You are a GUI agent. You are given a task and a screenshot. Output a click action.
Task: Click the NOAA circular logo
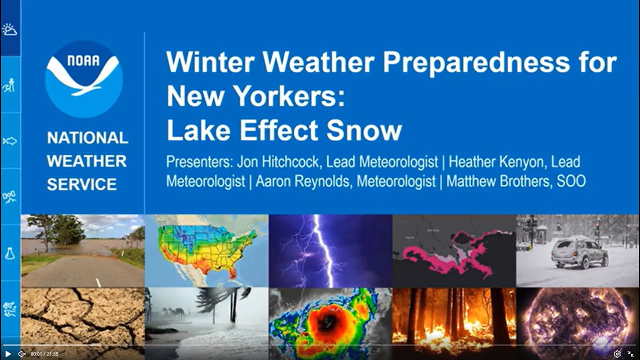[x=83, y=79]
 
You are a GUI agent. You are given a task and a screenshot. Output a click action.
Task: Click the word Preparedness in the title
[x=472, y=62]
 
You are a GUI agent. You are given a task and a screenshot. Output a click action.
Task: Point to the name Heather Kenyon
[x=514, y=162]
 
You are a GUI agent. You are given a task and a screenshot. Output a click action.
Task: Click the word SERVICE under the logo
[x=81, y=184]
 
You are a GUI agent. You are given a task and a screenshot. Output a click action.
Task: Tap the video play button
[x=8, y=354]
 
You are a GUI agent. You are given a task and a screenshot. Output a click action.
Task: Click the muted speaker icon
[x=22, y=354]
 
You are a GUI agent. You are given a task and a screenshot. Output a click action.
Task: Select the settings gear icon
[x=617, y=354]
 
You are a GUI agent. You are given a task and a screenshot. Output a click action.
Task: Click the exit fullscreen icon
[x=630, y=354]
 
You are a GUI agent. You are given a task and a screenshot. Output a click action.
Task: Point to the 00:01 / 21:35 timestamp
[x=44, y=354]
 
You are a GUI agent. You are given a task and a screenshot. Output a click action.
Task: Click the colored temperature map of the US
[x=206, y=250]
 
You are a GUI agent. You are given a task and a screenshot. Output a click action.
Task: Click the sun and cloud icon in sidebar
[x=9, y=30]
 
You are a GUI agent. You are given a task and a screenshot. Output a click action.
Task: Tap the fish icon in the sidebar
[x=9, y=141]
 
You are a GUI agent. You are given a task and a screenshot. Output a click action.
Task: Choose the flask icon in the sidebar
[x=9, y=253]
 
